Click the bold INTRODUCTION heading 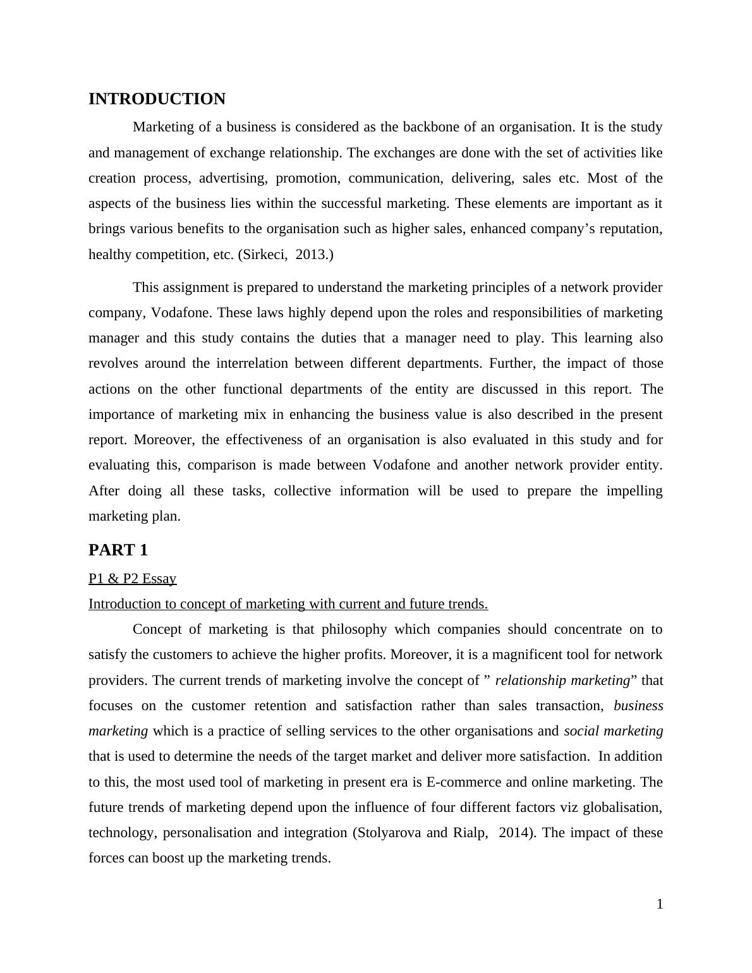click(x=157, y=99)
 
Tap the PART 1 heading click(x=118, y=550)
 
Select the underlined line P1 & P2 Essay click(x=132, y=579)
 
